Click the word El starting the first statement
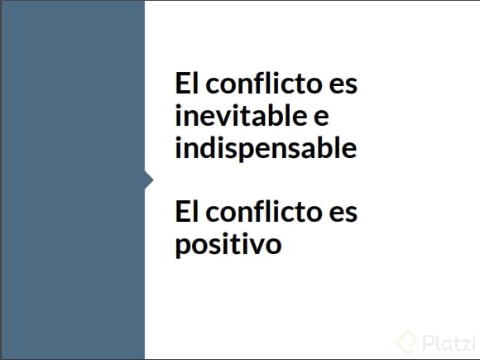click(187, 83)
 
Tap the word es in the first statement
click(343, 85)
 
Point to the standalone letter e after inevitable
click(322, 118)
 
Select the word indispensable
click(266, 148)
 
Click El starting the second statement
click(187, 212)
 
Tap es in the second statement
click(343, 214)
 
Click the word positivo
click(228, 245)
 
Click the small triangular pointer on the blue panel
click(149, 180)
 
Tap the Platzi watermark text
click(449, 343)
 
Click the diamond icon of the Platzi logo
click(407, 343)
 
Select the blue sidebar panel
click(73, 180)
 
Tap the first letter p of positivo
click(183, 247)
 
